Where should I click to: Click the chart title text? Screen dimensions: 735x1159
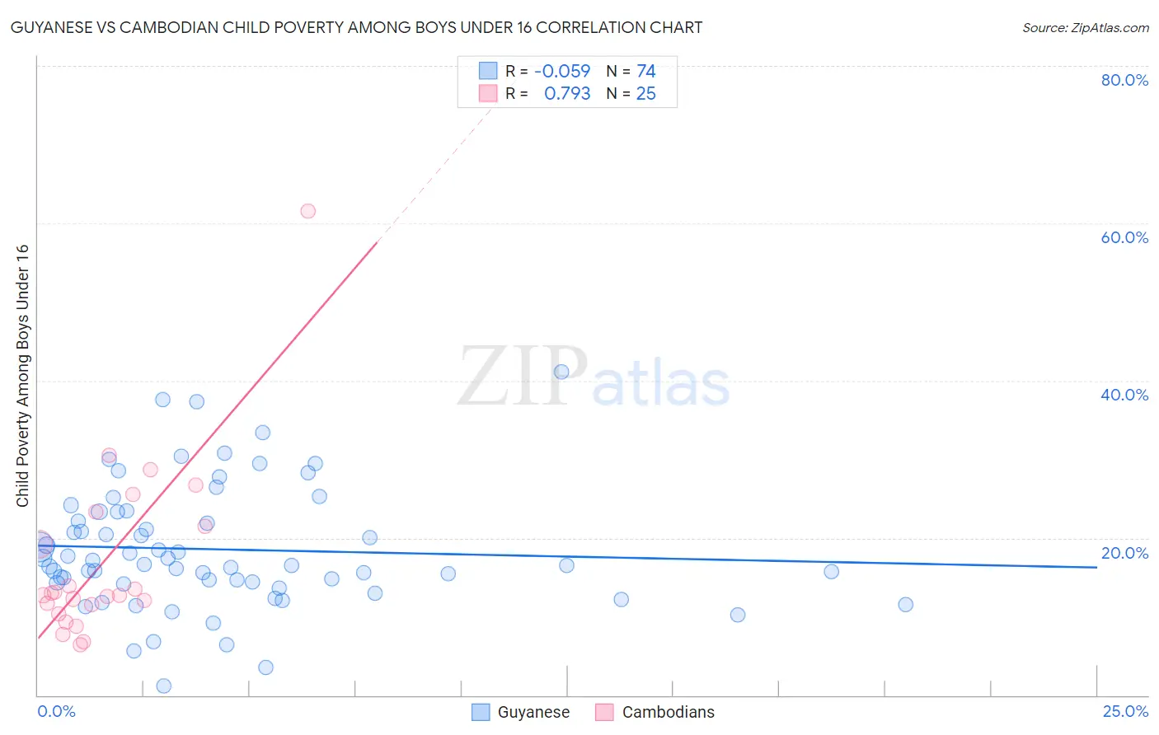point(356,27)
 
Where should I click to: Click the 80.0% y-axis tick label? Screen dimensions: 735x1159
point(1124,80)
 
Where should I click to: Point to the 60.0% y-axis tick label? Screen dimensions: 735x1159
point(1124,237)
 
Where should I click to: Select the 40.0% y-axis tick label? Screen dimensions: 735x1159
point(1124,395)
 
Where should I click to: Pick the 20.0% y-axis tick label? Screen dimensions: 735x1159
point(1124,553)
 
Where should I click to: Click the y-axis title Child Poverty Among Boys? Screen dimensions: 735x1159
point(22,376)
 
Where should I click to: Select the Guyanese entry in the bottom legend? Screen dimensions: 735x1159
point(533,713)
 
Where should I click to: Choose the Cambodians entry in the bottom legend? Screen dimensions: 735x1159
point(668,713)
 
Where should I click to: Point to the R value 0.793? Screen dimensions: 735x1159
point(567,94)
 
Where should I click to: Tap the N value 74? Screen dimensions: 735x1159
point(645,72)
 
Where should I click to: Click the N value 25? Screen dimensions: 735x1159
point(645,94)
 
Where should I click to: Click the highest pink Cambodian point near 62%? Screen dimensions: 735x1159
point(307,211)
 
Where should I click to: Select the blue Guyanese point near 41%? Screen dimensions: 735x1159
point(561,372)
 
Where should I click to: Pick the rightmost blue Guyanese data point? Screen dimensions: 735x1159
point(905,605)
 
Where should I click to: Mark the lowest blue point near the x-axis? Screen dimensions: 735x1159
point(163,686)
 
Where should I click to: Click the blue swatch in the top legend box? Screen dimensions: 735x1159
point(488,71)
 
